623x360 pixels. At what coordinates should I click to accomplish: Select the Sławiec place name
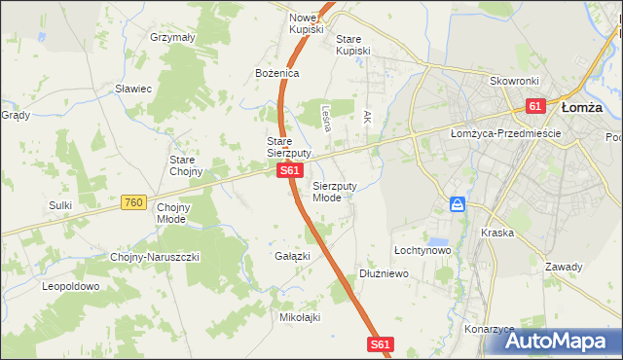point(133,89)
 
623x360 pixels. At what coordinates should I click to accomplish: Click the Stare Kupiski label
point(353,45)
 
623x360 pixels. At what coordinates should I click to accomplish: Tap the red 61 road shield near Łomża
point(536,106)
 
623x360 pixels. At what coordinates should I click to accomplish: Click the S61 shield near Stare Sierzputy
point(289,171)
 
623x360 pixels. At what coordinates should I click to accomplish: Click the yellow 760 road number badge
point(134,202)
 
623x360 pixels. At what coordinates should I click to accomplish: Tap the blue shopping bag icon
point(458,205)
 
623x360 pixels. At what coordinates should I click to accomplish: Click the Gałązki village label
point(292,256)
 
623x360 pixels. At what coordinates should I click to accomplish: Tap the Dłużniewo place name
point(383,274)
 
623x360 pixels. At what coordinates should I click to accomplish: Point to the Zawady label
point(564,267)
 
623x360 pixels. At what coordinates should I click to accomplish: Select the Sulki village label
point(60,205)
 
